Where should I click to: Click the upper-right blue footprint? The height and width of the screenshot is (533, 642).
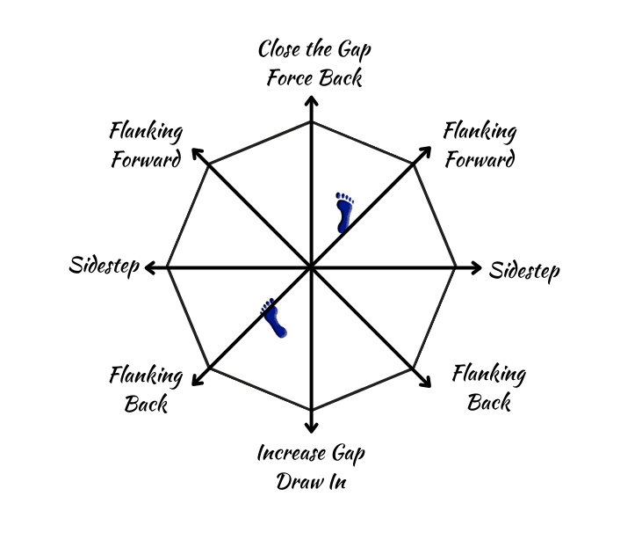pyautogui.click(x=344, y=212)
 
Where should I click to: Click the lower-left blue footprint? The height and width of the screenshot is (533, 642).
pyautogui.click(x=274, y=318)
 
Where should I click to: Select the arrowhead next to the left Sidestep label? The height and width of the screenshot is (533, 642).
pyautogui.click(x=150, y=267)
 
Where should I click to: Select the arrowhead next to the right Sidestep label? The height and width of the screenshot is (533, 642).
pyautogui.click(x=474, y=267)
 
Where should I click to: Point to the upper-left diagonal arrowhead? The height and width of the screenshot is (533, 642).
pyautogui.click(x=198, y=155)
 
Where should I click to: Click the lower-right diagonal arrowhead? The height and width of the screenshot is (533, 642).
pyautogui.click(x=425, y=381)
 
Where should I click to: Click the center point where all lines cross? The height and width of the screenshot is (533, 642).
pyautogui.click(x=311, y=267)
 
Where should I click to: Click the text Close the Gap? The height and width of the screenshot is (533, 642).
pyautogui.click(x=314, y=50)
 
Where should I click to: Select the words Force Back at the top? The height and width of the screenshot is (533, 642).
pyautogui.click(x=314, y=77)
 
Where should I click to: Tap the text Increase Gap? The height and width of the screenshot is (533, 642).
pyautogui.click(x=311, y=454)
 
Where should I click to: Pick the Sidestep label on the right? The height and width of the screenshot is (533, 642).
pyautogui.click(x=524, y=270)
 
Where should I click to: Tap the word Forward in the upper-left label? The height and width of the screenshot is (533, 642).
pyautogui.click(x=146, y=161)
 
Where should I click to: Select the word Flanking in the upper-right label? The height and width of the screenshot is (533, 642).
pyautogui.click(x=480, y=133)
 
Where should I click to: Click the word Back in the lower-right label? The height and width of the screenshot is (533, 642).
pyautogui.click(x=489, y=403)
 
